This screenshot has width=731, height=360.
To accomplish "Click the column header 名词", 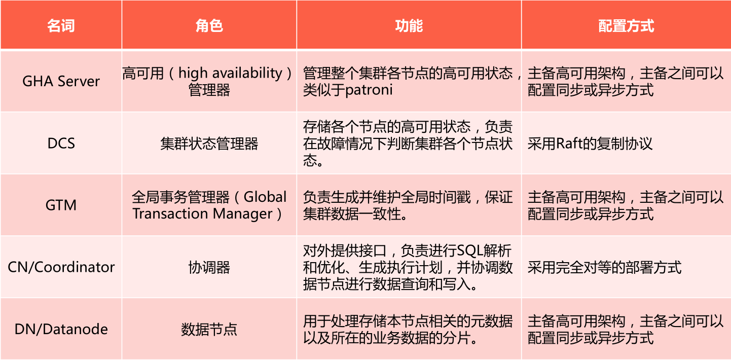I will [61, 26].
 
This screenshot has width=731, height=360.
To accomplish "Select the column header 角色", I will [209, 26].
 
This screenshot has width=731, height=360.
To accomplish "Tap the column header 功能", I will [409, 26].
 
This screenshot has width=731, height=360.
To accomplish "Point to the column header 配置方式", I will [626, 26].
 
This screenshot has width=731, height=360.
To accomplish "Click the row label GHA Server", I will [61, 82].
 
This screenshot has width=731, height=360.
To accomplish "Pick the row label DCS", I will [61, 143].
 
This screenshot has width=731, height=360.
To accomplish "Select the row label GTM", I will [61, 205].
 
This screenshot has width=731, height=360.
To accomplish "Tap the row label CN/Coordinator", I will [61, 267].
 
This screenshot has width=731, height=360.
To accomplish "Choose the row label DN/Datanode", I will [61, 330].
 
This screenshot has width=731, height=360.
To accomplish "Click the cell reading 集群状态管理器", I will [209, 143].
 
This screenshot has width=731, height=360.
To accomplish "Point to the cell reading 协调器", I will [209, 267].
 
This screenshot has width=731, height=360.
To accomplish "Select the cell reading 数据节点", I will [209, 330].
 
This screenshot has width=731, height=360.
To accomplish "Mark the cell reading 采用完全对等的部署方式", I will [604, 267].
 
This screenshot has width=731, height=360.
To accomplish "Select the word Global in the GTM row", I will [265, 197].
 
